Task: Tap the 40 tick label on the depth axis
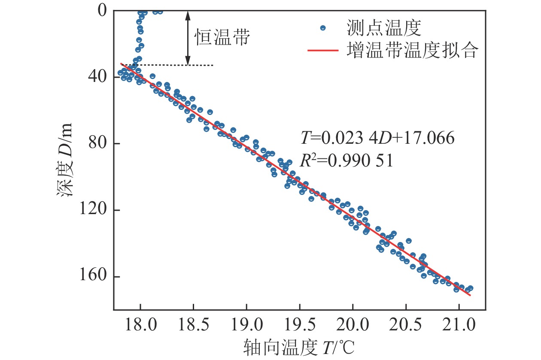[x=97, y=77]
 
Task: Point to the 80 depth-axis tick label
[x=97, y=143]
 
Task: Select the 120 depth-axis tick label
[x=93, y=210]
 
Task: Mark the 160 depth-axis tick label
[x=93, y=277]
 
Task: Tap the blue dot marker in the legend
[x=323, y=28]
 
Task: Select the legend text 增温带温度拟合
[x=411, y=51]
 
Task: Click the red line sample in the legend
[x=323, y=51]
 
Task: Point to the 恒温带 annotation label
[x=222, y=37]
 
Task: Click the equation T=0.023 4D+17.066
[x=377, y=139]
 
